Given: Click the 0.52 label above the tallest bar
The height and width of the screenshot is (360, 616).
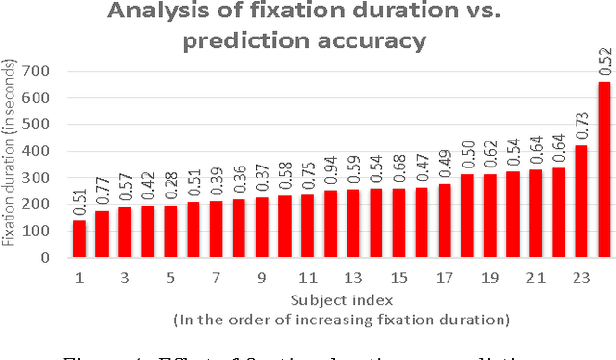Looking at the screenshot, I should tap(604, 60).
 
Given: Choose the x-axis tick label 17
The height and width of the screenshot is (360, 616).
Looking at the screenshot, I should tap(444, 278).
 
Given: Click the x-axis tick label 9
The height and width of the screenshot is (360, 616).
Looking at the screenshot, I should tap(261, 278).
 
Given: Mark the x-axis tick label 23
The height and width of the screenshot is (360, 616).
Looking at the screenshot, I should tap(580, 278).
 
